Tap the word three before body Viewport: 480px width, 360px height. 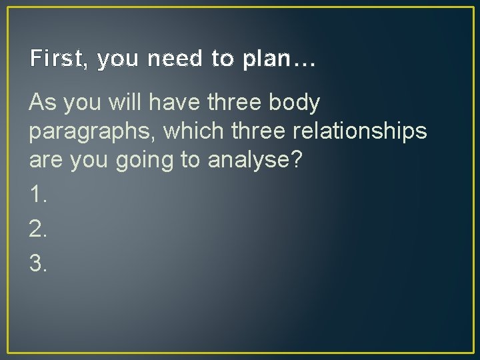(x=232, y=103)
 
